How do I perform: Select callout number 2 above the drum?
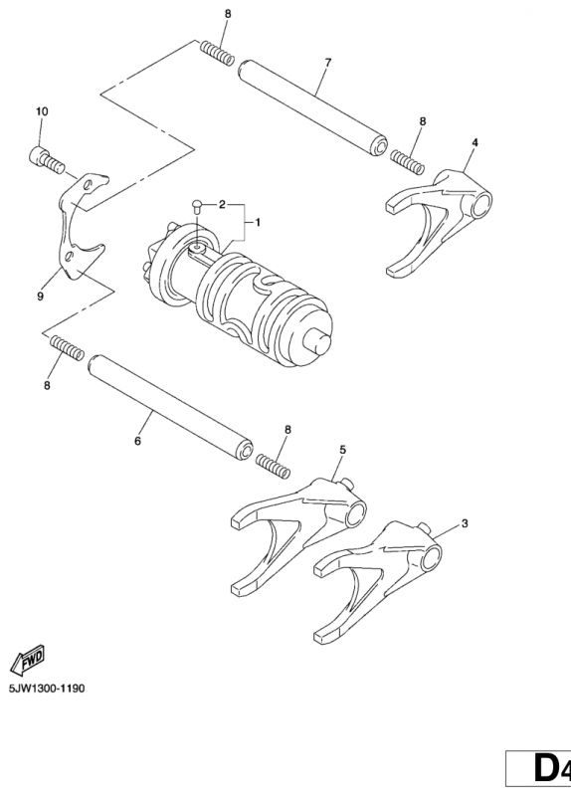pyautogui.click(x=223, y=204)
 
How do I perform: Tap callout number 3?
pyautogui.click(x=464, y=521)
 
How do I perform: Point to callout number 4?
pyautogui.click(x=474, y=143)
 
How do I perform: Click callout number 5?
pyautogui.click(x=342, y=450)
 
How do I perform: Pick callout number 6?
pyautogui.click(x=137, y=439)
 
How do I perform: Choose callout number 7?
pyautogui.click(x=327, y=62)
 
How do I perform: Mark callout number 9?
pyautogui.click(x=41, y=296)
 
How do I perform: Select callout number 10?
pyautogui.click(x=42, y=111)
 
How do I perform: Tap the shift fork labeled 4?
pyautogui.click(x=438, y=214)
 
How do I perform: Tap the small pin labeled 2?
pyautogui.click(x=198, y=207)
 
